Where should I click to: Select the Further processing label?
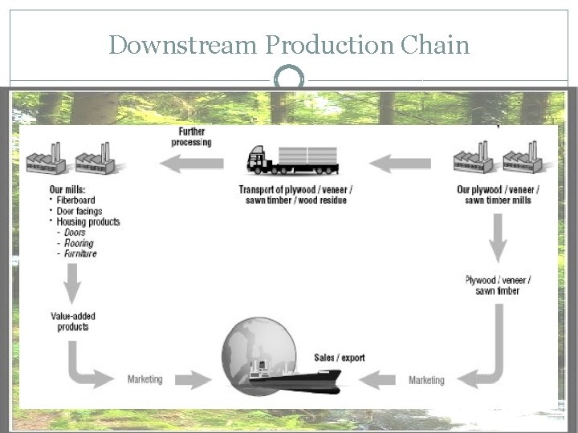(191, 136)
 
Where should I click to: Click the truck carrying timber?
(293, 160)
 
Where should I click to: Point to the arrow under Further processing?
(191, 165)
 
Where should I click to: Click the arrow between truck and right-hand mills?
(398, 165)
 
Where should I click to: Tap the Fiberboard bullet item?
(75, 200)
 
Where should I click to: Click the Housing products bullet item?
(88, 221)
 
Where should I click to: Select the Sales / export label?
(339, 358)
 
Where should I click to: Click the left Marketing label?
(144, 379)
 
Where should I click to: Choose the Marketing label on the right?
(426, 380)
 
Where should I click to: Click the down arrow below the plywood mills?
(499, 236)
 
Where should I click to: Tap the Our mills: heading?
(68, 189)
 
